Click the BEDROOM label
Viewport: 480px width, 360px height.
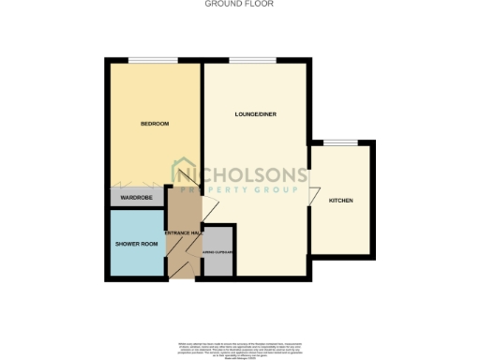154,124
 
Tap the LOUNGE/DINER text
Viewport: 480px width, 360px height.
253,114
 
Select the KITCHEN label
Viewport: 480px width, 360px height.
340,201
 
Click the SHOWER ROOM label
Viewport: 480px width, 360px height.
134,243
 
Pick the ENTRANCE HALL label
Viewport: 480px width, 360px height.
183,232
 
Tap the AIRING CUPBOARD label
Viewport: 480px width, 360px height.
217,252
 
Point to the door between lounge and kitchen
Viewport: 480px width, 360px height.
310,192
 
